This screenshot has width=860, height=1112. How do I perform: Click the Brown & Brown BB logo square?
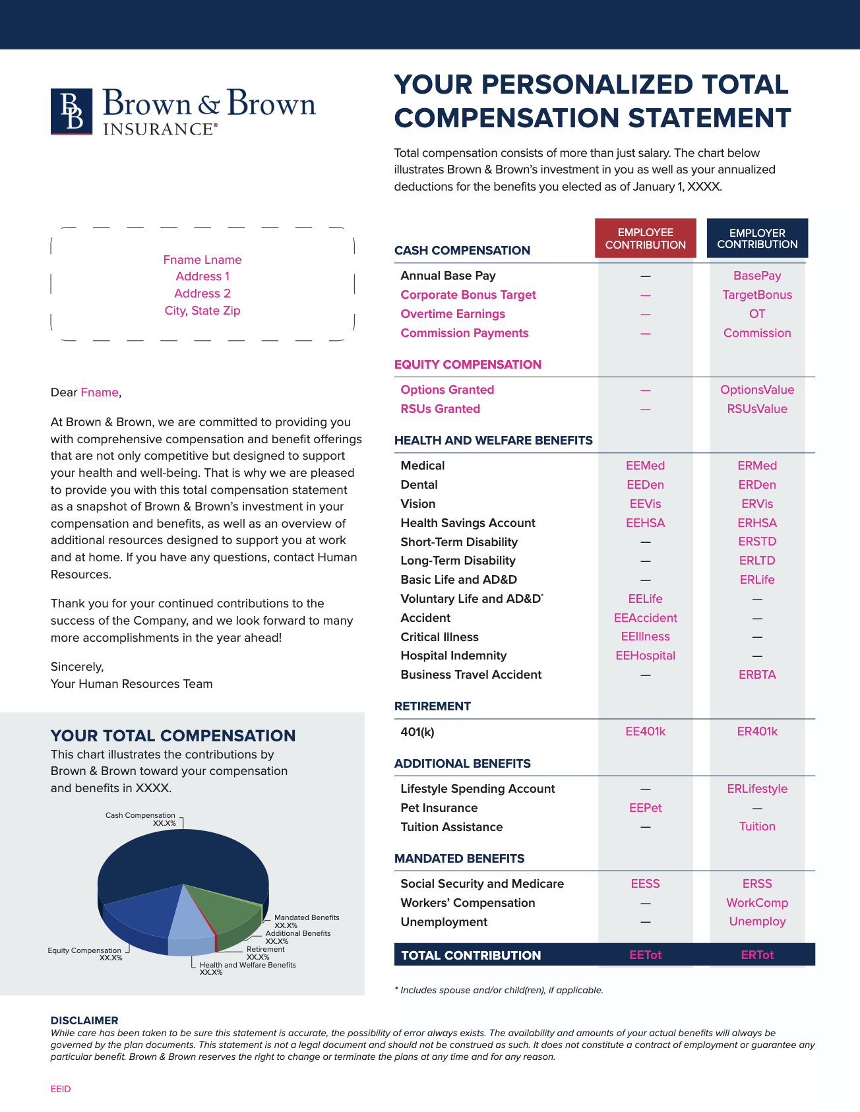71,111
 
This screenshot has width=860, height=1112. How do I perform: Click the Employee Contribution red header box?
645,238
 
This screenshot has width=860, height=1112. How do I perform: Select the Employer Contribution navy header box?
757,238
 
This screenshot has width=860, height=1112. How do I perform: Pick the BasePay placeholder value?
757,276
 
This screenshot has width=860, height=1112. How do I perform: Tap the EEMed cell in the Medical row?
645,466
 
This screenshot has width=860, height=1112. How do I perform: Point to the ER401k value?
757,731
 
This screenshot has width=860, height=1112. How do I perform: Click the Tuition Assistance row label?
451,827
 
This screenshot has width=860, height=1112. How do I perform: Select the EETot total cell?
645,955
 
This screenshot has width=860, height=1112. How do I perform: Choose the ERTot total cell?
757,955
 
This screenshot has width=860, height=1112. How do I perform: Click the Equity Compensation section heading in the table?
468,365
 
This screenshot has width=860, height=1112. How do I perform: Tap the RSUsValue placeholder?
757,409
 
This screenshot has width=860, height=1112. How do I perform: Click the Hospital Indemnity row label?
453,656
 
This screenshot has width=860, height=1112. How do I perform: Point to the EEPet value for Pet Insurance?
645,808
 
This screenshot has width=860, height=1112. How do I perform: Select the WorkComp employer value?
757,903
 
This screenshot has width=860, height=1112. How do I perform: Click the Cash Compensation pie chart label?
140,816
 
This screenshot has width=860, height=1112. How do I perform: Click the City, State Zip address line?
202,311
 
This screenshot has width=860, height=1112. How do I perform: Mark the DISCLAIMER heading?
84,1020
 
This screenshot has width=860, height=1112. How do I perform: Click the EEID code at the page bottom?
61,1089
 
